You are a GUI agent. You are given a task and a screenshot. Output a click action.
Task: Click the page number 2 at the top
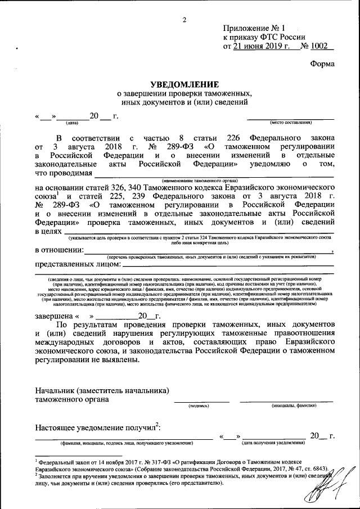[183, 20]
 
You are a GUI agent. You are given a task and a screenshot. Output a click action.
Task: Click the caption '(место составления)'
[291, 122]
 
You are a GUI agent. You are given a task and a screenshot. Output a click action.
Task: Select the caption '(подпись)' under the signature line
[199, 405]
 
